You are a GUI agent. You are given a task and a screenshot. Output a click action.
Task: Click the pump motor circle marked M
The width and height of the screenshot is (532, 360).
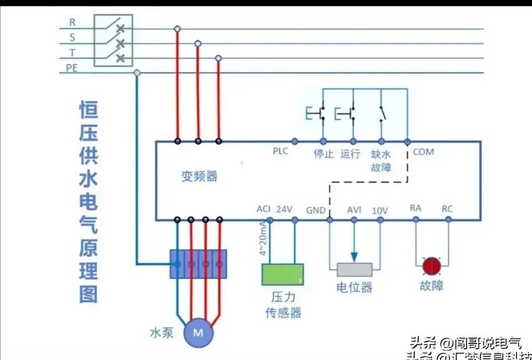[x=198, y=333]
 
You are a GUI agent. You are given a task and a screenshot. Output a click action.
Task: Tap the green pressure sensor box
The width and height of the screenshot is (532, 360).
[x=283, y=274]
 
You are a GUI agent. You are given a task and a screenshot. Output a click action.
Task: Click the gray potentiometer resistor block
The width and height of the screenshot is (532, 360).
[x=354, y=270]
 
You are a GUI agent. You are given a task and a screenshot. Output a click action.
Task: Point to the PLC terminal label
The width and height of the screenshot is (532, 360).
[x=280, y=151]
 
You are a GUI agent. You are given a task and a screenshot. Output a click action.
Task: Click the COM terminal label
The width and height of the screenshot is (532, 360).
[x=423, y=152]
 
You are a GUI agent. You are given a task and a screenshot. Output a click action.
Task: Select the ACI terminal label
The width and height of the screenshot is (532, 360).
[x=263, y=209]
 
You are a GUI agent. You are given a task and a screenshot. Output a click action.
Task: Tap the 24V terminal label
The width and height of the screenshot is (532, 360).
[x=285, y=209]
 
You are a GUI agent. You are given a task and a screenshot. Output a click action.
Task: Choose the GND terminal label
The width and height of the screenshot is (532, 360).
[x=315, y=210]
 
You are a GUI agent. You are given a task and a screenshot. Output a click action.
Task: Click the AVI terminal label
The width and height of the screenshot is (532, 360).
[x=354, y=210]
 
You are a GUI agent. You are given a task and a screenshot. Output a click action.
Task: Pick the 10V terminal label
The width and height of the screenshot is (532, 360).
[x=380, y=210]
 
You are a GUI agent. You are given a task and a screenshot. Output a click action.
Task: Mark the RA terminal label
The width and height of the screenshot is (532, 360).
[x=415, y=208]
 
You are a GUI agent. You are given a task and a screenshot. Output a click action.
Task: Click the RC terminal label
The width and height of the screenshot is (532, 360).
[x=448, y=208]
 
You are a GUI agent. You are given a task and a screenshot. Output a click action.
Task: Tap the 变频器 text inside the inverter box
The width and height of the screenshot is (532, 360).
[x=199, y=176]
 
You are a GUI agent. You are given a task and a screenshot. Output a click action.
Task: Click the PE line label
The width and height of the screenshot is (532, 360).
[x=71, y=68]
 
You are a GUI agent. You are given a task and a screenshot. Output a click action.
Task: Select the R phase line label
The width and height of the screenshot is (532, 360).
[x=72, y=22]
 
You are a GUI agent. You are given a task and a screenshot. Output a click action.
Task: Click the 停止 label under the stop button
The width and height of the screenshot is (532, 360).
[x=323, y=154]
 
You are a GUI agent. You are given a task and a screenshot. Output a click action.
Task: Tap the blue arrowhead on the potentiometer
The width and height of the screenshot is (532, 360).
[x=354, y=257]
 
